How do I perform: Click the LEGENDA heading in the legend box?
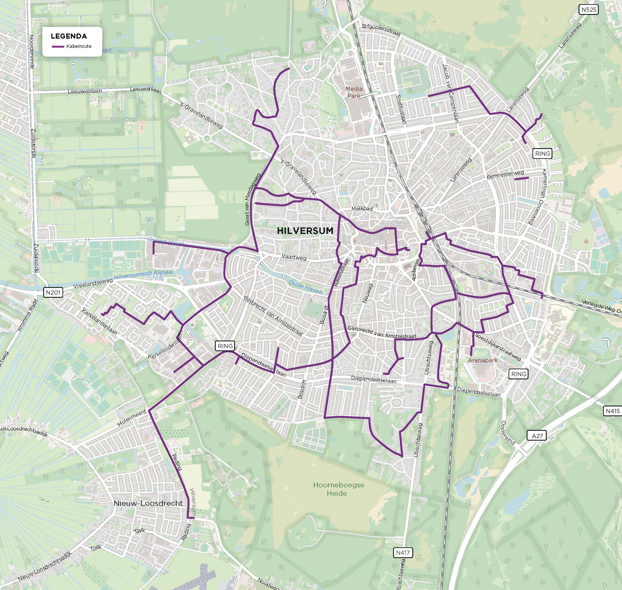[69, 36]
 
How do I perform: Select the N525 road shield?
[589, 10]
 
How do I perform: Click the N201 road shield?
[53, 292]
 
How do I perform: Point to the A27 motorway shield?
[537, 436]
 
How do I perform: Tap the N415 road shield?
[613, 411]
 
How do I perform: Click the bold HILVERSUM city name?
[305, 231]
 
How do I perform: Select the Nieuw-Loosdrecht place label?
[148, 503]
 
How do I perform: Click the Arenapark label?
[482, 360]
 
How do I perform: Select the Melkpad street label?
[362, 209]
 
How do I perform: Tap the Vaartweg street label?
[294, 257]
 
